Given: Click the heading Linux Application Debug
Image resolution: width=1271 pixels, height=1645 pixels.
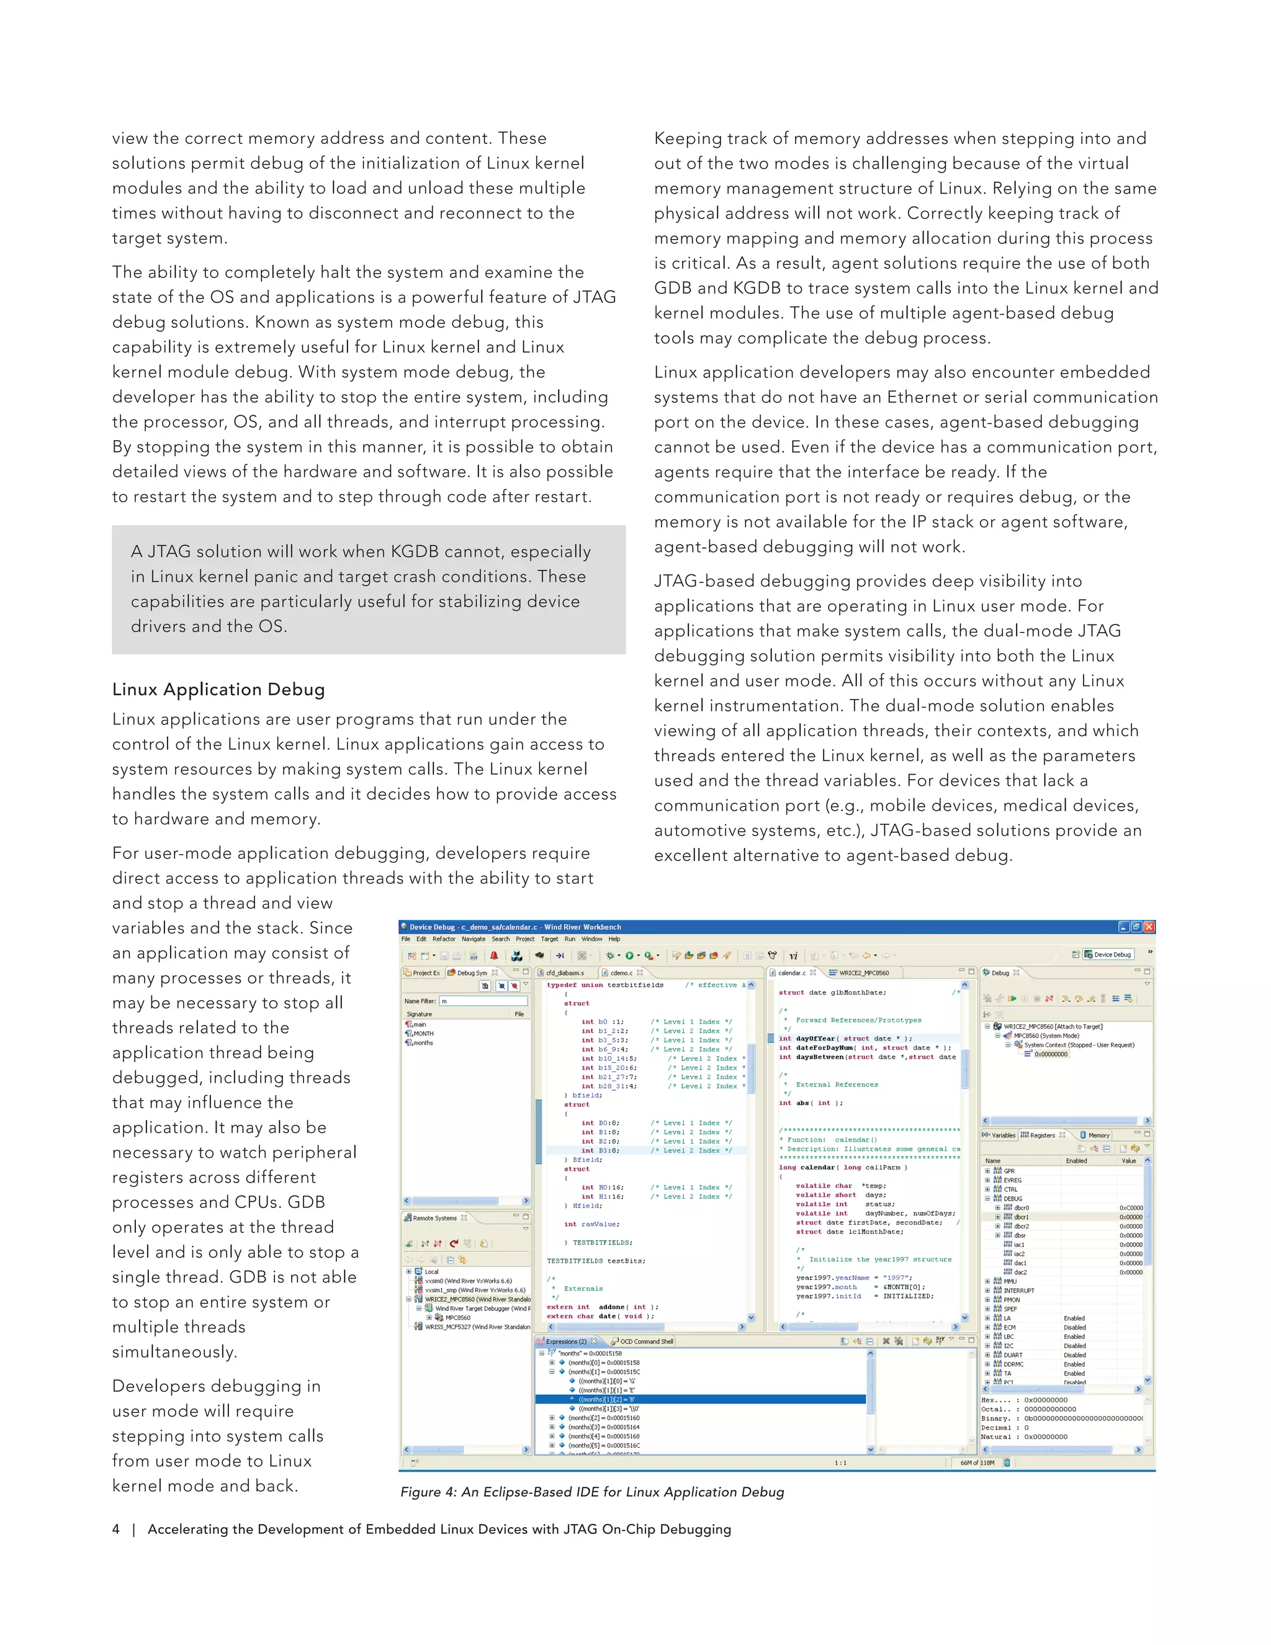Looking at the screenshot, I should coord(218,689).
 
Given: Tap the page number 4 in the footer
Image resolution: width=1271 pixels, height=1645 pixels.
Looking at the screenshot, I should coord(116,1529).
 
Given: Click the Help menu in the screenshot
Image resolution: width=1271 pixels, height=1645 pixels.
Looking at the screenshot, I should coord(614,939).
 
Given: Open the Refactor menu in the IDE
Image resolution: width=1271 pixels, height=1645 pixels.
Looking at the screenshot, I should coord(444,939).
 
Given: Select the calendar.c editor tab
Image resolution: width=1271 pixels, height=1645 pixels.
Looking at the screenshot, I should coord(791,972).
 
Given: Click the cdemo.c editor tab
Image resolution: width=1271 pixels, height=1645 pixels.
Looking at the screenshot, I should coord(621,972).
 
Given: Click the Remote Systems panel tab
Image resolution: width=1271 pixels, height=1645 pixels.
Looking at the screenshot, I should coord(434,1218).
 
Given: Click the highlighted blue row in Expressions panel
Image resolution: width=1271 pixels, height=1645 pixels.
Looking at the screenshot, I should coord(700,1399).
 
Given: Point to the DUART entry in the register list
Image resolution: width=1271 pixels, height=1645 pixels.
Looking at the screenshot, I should coord(1013,1355).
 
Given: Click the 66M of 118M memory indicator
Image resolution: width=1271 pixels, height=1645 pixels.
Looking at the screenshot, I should coord(977,1462).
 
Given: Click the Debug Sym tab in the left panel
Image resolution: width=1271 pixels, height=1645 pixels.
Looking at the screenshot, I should coord(472,972).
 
